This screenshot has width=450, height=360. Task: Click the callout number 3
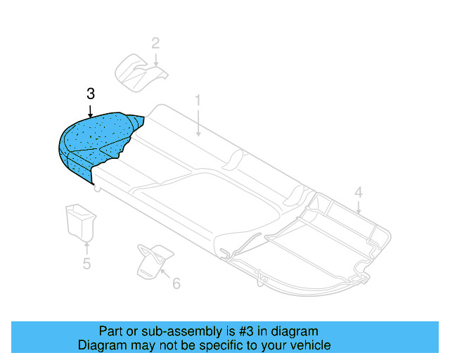pos(90,94)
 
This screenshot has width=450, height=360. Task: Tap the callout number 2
pos(155,43)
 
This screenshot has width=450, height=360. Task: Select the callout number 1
pos(198,101)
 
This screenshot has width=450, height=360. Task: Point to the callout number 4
pos(358,192)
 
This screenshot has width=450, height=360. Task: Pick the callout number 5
pos(86,264)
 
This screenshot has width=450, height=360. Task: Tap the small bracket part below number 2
pos(139,71)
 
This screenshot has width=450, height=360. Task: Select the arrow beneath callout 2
pos(155,59)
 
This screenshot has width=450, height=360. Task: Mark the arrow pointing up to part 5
pos(86,247)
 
